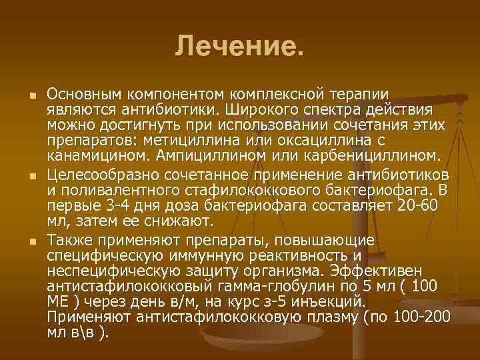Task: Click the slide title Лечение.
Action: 239,46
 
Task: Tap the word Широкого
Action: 276,109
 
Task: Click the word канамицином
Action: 92,157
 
